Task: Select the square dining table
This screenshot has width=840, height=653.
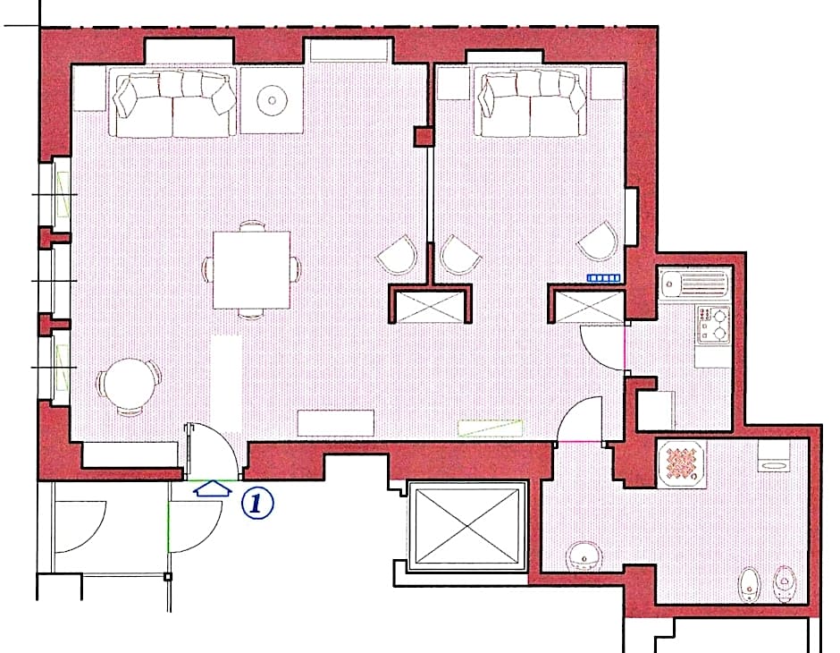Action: (x=251, y=269)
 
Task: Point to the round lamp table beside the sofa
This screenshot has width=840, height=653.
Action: (x=272, y=100)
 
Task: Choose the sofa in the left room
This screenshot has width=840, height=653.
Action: (x=173, y=104)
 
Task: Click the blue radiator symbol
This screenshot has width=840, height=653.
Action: (x=603, y=278)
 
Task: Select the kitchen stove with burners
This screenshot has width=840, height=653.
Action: (x=712, y=324)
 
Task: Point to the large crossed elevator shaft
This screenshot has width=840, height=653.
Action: (x=467, y=527)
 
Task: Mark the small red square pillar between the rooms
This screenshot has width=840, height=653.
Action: (x=423, y=137)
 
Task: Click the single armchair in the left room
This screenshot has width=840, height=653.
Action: (x=397, y=256)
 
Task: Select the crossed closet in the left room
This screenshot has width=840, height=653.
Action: (x=430, y=305)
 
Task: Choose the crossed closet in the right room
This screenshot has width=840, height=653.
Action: (x=587, y=305)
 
